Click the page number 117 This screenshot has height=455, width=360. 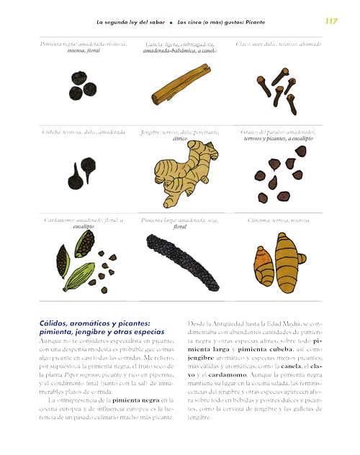click(330, 21)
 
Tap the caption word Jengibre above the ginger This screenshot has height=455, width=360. click(152, 132)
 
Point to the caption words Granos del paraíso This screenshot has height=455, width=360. click(263, 132)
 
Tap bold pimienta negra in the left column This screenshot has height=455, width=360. click(138, 399)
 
